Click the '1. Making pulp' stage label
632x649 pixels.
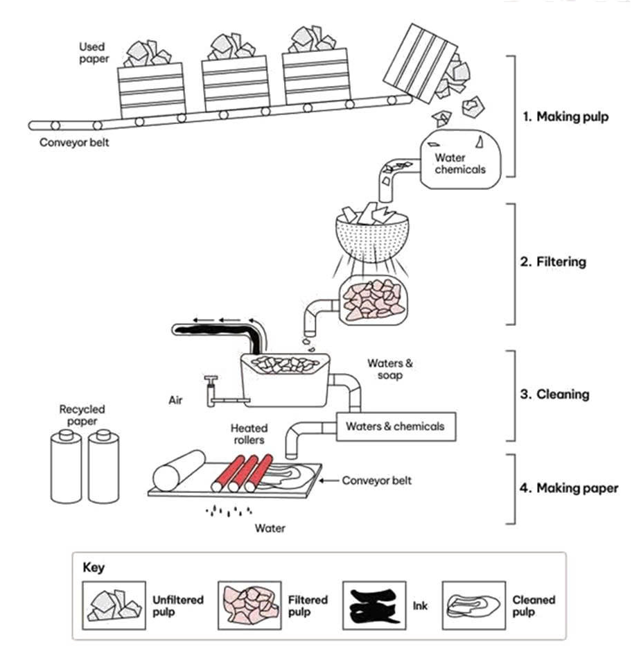pos(565,116)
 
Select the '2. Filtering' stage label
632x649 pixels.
pos(554,262)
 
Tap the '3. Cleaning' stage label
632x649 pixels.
pos(554,395)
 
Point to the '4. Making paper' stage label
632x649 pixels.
pos(568,488)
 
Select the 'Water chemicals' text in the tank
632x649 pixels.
pos(459,164)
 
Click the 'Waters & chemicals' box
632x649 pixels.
pos(395,426)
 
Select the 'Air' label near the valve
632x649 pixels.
pos(175,400)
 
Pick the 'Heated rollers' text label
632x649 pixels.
pos(249,434)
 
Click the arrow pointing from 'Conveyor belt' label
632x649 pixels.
pos(333,480)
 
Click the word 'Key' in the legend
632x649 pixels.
pos(94,567)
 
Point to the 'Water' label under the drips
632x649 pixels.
pos(270,528)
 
